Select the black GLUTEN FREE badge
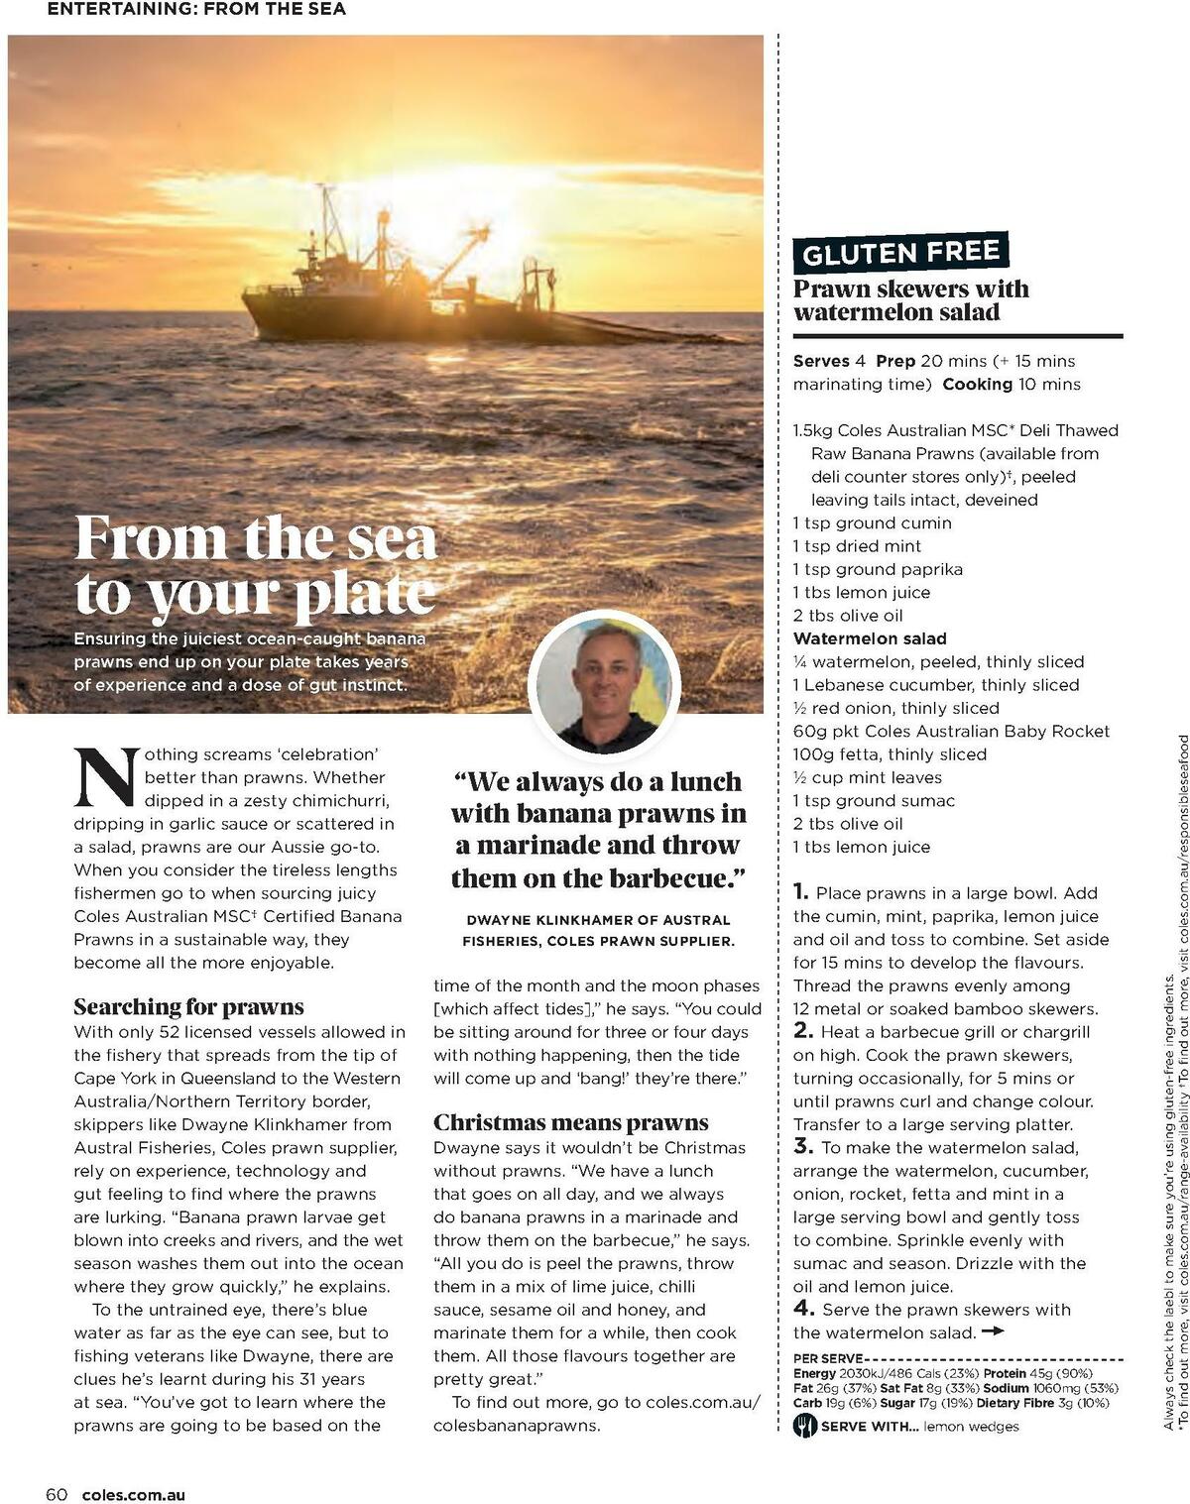click(x=900, y=254)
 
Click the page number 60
click(x=57, y=1494)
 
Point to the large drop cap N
click(x=104, y=777)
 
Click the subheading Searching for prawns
click(x=188, y=1007)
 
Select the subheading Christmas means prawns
click(x=570, y=1122)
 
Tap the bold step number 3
click(x=802, y=1147)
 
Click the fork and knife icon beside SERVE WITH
click(x=804, y=1426)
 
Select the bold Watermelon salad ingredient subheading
click(x=870, y=638)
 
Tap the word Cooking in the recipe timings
click(x=977, y=385)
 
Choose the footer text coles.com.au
click(x=133, y=1495)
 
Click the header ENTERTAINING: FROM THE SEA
click(x=196, y=10)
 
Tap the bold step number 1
click(x=800, y=892)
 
